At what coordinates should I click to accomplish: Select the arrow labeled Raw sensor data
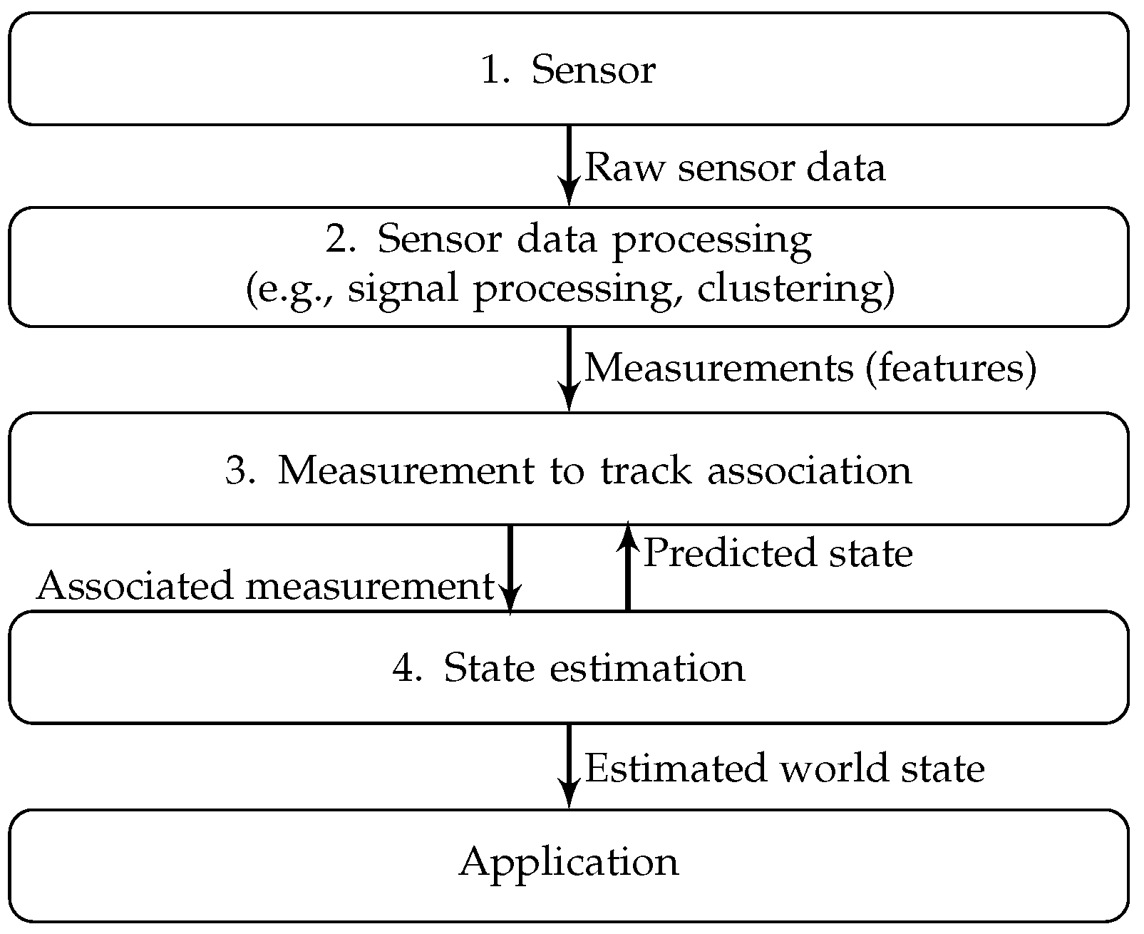(x=569, y=165)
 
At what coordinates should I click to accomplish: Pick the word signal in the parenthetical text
(x=403, y=291)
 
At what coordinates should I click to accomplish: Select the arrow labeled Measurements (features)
(x=569, y=369)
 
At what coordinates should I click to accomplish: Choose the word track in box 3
(x=646, y=469)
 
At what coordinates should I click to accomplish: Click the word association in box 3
(x=810, y=469)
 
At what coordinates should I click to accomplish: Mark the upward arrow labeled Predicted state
(x=628, y=566)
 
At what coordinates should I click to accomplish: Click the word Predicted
(x=729, y=553)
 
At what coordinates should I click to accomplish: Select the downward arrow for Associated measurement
(x=510, y=570)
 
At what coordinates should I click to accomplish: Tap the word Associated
(x=135, y=585)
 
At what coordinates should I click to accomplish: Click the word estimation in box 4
(x=647, y=667)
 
